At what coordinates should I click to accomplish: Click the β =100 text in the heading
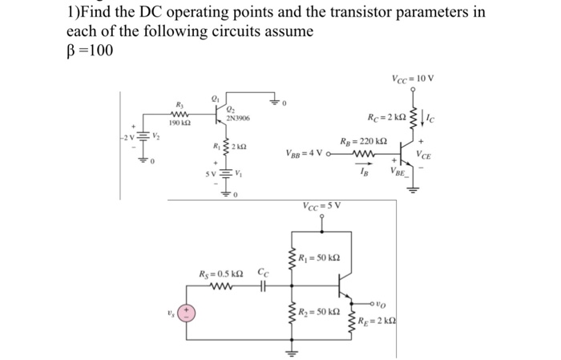tap(91, 51)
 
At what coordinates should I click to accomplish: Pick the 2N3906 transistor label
tap(238, 119)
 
